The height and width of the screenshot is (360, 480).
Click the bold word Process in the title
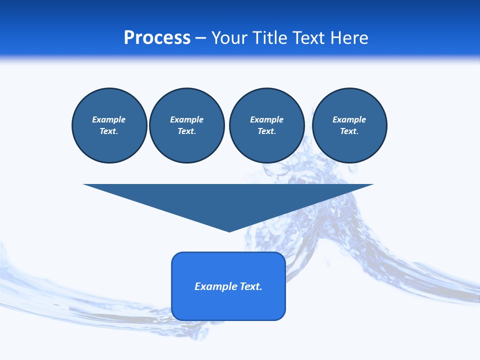[157, 38]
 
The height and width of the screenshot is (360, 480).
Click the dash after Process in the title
[200, 38]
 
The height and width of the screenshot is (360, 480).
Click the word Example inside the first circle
[109, 119]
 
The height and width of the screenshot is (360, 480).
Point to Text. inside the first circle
[109, 131]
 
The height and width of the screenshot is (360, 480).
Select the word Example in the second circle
[186, 119]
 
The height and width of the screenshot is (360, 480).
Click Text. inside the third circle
[266, 131]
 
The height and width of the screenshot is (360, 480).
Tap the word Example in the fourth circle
[349, 119]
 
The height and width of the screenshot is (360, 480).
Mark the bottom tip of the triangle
[229, 231]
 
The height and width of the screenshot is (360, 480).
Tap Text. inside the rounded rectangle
[251, 286]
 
